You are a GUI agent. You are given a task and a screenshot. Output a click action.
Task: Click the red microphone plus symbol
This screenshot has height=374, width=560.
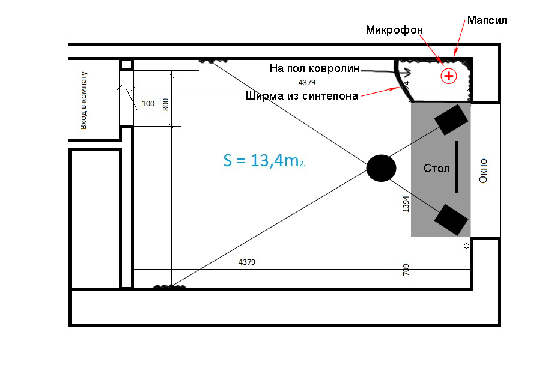pyautogui.click(x=448, y=76)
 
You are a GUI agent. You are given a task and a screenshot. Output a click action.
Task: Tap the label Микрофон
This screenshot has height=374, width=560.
pyautogui.click(x=394, y=29)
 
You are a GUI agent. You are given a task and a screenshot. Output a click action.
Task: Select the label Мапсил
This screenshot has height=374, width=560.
pyautogui.click(x=487, y=20)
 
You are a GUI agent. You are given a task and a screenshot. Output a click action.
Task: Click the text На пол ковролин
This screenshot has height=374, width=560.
pyautogui.click(x=314, y=69)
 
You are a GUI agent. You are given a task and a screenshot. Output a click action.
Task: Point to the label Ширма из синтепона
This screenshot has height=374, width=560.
pyautogui.click(x=302, y=95)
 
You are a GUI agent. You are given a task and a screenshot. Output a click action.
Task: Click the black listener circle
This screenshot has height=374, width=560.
pyautogui.click(x=381, y=167)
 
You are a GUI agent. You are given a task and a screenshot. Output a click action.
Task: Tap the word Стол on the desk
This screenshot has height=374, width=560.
pyautogui.click(x=436, y=169)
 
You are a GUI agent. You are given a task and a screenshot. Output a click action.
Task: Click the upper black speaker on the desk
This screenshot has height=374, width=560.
pyautogui.click(x=451, y=119)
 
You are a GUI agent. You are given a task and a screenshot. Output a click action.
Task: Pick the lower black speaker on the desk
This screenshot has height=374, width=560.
pyautogui.click(x=451, y=219)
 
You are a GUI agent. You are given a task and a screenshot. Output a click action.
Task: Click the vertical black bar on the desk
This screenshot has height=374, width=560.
pyautogui.click(x=457, y=167)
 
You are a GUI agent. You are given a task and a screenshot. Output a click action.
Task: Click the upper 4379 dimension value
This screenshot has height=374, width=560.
pyautogui.click(x=307, y=82)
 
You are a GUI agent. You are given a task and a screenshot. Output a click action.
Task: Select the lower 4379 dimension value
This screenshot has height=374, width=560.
pyautogui.click(x=247, y=262)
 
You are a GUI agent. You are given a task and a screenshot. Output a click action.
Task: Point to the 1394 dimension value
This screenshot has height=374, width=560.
pyautogui.click(x=406, y=204)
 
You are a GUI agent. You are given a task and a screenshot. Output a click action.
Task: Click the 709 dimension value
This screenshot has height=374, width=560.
pyautogui.click(x=406, y=270)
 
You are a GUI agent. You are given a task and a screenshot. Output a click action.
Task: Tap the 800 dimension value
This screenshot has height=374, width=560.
pyautogui.click(x=166, y=104)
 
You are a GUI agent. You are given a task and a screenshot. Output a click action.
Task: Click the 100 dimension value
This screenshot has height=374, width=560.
pyautogui.click(x=148, y=104)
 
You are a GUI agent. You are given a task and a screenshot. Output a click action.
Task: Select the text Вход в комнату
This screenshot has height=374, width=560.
pyautogui.click(x=84, y=100)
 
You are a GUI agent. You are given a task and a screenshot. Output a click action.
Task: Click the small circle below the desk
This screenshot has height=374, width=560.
pyautogui.click(x=466, y=246)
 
